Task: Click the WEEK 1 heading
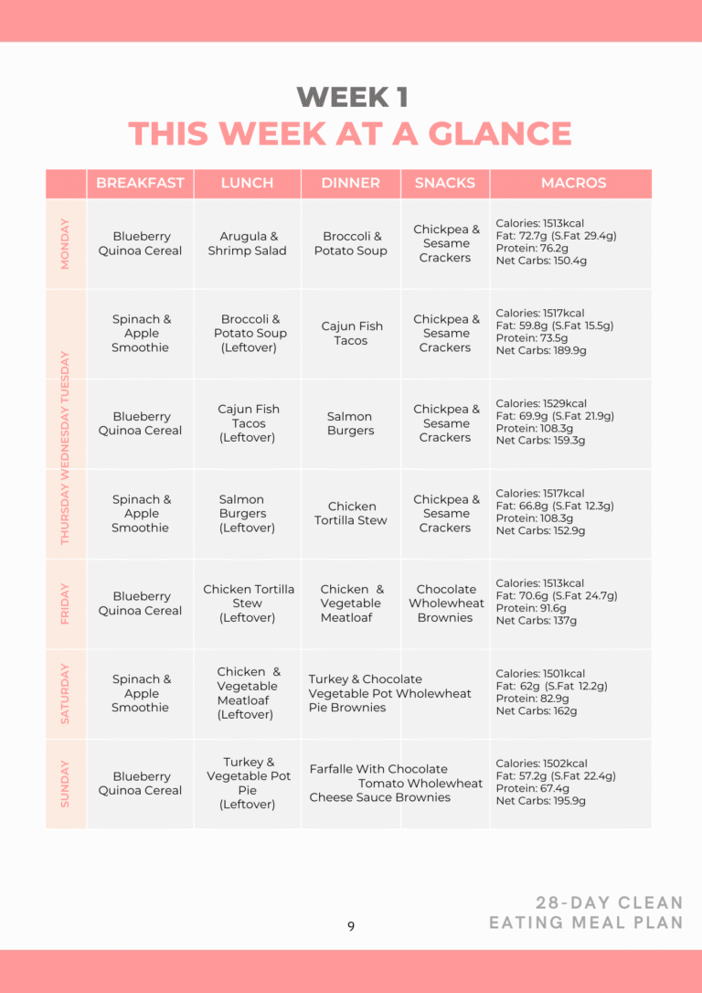click(352, 97)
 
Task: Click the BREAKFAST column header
click(140, 183)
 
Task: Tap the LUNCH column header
click(247, 183)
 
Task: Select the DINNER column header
click(350, 183)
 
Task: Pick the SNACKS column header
click(444, 183)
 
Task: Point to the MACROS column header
click(573, 183)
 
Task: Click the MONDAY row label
click(65, 243)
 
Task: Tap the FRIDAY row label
click(65, 603)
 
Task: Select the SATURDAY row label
click(65, 693)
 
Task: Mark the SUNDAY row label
click(65, 784)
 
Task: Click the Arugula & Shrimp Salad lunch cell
click(247, 243)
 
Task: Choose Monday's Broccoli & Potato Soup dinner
click(350, 243)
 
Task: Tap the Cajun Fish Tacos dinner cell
click(350, 333)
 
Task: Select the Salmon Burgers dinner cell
click(350, 423)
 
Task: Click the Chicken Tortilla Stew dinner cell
click(351, 513)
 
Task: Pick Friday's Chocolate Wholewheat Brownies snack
click(446, 603)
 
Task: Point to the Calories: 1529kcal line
click(541, 403)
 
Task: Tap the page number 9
click(351, 926)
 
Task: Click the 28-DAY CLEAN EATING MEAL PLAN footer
click(586, 913)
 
